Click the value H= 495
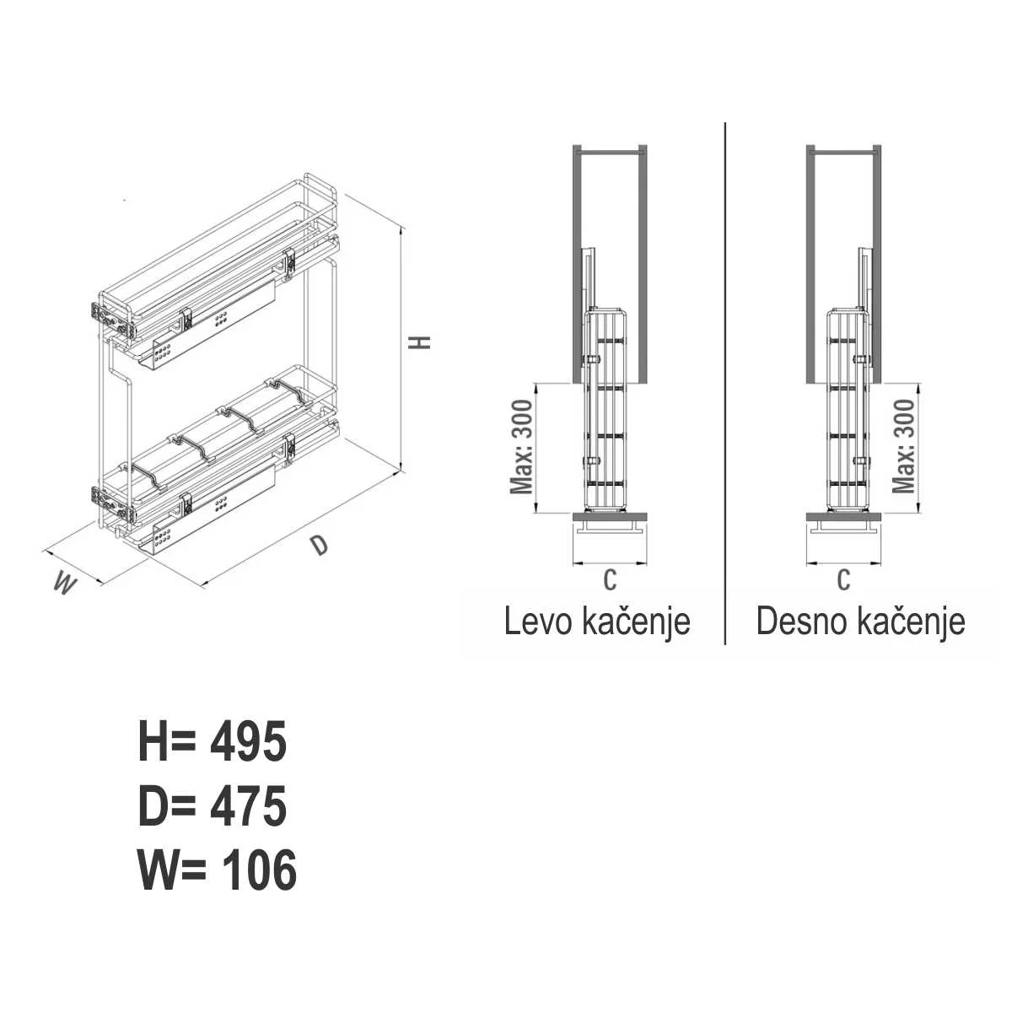click(213, 741)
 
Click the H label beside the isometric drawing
click(420, 342)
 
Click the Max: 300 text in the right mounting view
click(902, 447)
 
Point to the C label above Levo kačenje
click(610, 579)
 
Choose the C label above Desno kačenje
click(843, 579)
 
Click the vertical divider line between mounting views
click(725, 383)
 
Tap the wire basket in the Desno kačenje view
click(848, 410)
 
